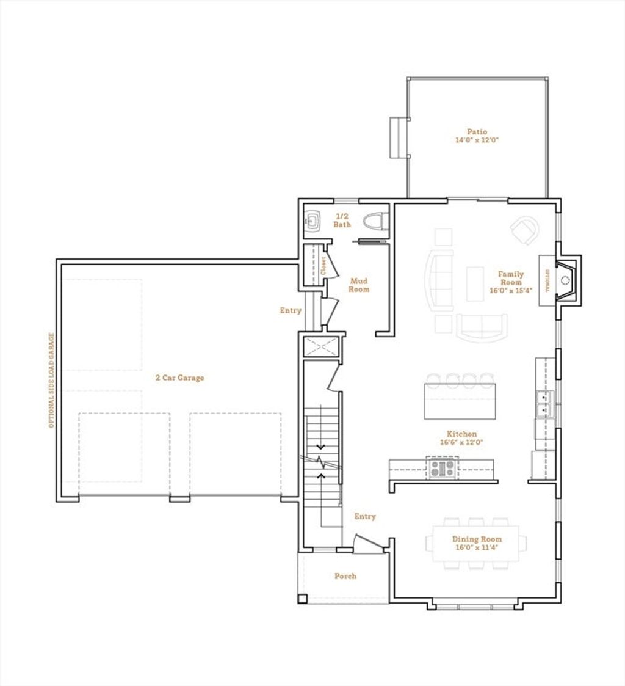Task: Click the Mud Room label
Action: (x=359, y=285)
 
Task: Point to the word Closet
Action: (x=323, y=266)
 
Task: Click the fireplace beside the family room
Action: (x=568, y=280)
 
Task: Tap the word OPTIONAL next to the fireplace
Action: (x=546, y=280)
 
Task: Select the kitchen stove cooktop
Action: (x=442, y=469)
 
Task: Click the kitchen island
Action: (x=460, y=401)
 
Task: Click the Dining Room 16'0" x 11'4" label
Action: (x=477, y=543)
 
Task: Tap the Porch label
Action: (x=345, y=576)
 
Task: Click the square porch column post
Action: (x=303, y=599)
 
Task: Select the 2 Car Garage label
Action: (x=179, y=378)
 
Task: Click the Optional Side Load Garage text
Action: (x=51, y=380)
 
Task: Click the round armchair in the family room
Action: (x=524, y=230)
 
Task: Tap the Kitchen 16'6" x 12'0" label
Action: (x=461, y=438)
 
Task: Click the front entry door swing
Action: (x=369, y=541)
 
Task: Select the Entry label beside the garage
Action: (x=291, y=310)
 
